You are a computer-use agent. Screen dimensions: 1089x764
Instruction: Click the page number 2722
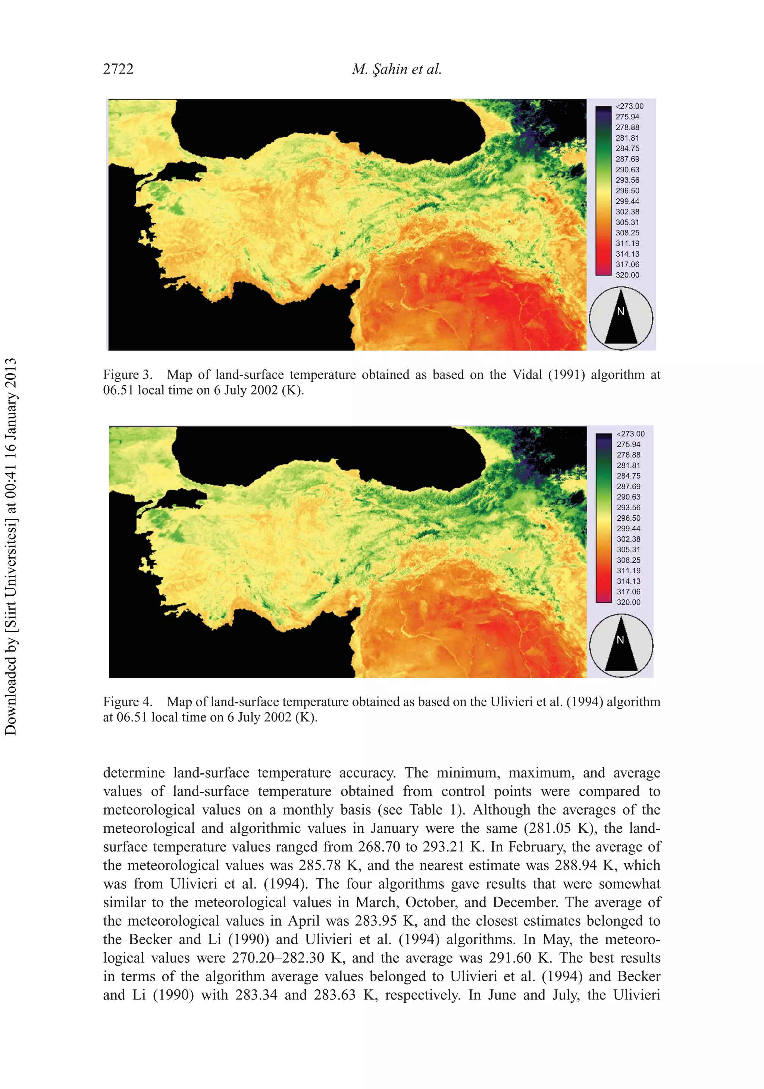pos(118,69)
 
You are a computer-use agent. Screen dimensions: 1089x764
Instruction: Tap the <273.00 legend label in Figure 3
pos(629,106)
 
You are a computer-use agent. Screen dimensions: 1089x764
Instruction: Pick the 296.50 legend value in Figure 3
pos(627,191)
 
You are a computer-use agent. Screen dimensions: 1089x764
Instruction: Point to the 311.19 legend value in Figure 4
pos(628,571)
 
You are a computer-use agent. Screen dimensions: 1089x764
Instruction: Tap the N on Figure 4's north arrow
pos(620,640)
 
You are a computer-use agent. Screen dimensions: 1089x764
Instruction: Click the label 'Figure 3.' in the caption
pos(128,375)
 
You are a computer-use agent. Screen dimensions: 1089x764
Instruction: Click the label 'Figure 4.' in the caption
pos(128,702)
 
